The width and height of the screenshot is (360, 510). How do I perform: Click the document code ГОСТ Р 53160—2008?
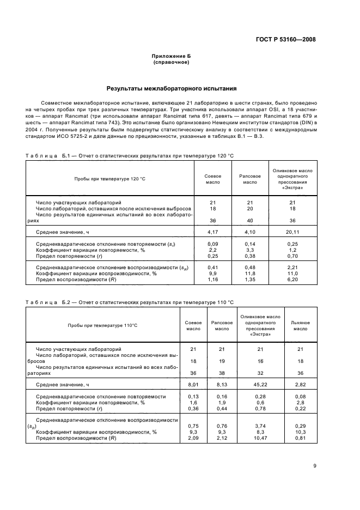pos(285,39)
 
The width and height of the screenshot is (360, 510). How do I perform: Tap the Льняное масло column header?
pos(300,325)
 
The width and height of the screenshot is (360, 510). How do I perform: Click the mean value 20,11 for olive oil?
pos(292,232)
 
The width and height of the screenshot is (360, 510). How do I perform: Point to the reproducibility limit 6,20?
pos(292,280)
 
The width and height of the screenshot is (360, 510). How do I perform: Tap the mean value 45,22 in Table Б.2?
pos(260,385)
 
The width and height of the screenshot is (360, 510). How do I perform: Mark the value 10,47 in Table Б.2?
pos(260,438)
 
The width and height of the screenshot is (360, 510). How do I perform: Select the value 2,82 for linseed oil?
pos(300,385)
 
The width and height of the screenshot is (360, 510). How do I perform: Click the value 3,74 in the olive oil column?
pos(260,426)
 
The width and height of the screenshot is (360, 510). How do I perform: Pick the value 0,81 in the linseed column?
pos(300,438)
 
